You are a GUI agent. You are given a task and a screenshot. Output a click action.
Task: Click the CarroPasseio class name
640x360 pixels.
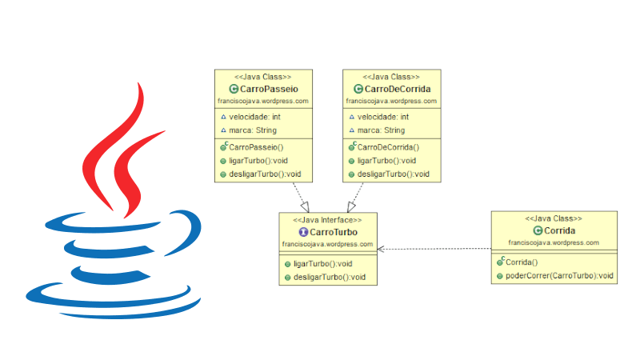point(269,90)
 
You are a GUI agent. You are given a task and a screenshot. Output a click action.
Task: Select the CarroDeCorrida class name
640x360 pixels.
point(397,90)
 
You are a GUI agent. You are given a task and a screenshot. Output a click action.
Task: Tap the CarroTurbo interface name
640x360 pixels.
point(332,232)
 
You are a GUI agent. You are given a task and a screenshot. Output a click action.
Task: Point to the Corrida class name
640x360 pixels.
point(558,230)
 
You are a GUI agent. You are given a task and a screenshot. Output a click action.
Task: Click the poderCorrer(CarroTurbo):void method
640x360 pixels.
point(558,276)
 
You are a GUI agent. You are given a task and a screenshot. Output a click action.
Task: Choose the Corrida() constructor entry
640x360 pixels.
point(522,262)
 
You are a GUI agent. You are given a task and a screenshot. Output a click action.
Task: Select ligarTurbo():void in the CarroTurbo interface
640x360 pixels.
point(324,263)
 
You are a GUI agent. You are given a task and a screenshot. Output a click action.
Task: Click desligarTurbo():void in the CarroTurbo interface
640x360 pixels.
point(329,277)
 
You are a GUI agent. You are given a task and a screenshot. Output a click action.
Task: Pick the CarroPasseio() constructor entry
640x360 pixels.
point(256,147)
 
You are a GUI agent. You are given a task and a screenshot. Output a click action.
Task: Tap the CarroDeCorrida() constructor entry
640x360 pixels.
point(388,147)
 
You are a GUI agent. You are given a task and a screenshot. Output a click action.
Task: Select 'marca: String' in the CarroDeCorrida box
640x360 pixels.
point(382,130)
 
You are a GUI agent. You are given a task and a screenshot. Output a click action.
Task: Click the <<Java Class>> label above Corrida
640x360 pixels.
point(554,218)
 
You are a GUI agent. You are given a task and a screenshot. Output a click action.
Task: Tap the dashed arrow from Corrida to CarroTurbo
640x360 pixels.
point(436,249)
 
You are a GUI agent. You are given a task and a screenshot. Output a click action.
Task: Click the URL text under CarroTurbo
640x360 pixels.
point(327,244)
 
